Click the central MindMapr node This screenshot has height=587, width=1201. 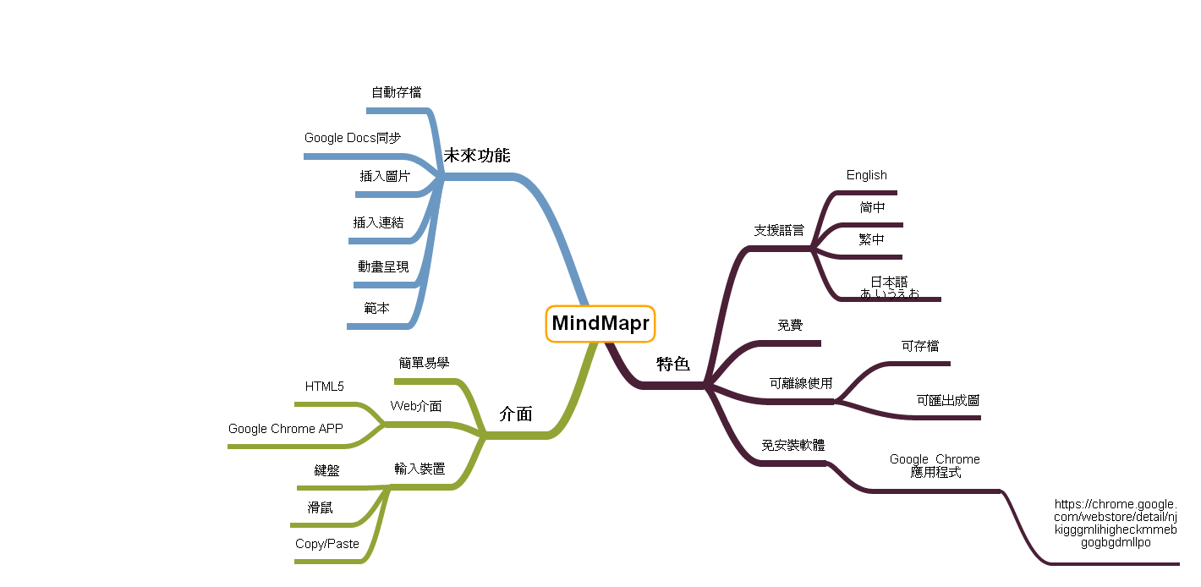pyautogui.click(x=600, y=323)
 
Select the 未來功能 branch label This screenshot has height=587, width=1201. pyautogui.click(x=477, y=156)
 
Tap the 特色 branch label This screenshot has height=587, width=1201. pyautogui.click(x=673, y=364)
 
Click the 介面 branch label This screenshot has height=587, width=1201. pyautogui.click(x=516, y=414)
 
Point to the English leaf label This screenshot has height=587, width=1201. pyautogui.click(x=866, y=175)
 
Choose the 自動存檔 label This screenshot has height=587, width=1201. pyautogui.click(x=396, y=93)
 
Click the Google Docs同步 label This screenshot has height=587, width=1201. pyautogui.click(x=352, y=138)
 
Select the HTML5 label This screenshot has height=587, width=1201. pyautogui.click(x=325, y=387)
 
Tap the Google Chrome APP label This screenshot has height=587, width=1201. pyautogui.click(x=286, y=429)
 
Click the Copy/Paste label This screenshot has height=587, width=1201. pyautogui.click(x=327, y=544)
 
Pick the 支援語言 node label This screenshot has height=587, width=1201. pyautogui.click(x=779, y=231)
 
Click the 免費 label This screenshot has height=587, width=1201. pyautogui.click(x=790, y=325)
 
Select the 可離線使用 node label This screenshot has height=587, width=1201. pyautogui.click(x=801, y=383)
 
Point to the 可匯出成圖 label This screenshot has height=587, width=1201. pyautogui.click(x=948, y=400)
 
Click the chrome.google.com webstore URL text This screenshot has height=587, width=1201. pyautogui.click(x=1116, y=524)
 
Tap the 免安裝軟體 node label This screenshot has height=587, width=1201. pyautogui.click(x=793, y=445)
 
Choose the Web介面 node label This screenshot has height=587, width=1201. pyautogui.click(x=416, y=406)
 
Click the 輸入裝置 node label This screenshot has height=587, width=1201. pyautogui.click(x=420, y=469)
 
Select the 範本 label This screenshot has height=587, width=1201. pyautogui.click(x=376, y=308)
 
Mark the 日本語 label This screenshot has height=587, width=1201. pyautogui.click(x=889, y=282)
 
